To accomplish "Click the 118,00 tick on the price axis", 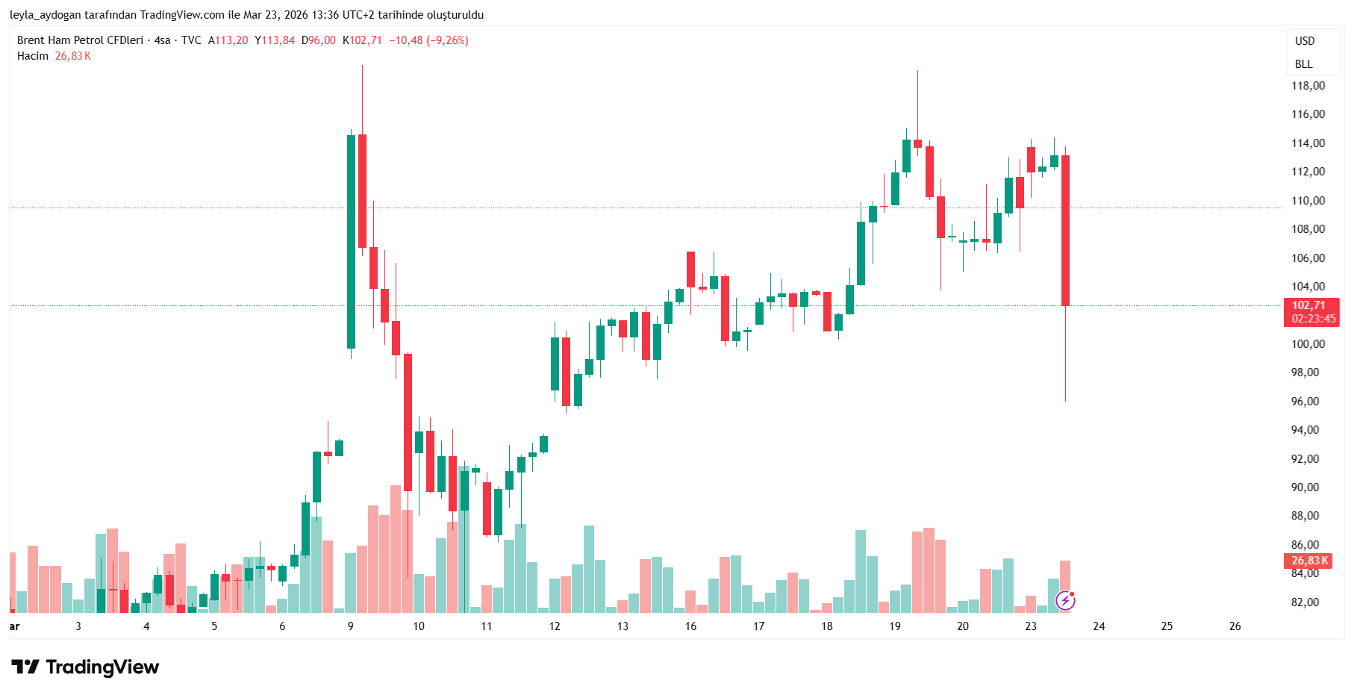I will [x=1308, y=86].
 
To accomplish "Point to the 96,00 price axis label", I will [x=1308, y=402].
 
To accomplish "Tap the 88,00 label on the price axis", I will [x=1308, y=516].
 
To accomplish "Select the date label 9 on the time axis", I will [x=350, y=626].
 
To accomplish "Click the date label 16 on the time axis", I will [x=690, y=626].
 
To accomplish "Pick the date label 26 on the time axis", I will [x=1235, y=626].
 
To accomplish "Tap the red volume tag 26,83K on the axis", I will [x=1310, y=561].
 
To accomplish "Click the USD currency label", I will [x=1305, y=41].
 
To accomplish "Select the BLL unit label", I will [x=1303, y=64].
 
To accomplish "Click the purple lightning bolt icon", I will [x=1065, y=600].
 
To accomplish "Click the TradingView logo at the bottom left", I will [x=85, y=667].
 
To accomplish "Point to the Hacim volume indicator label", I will [x=33, y=56].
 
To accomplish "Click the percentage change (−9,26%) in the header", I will [x=447, y=40].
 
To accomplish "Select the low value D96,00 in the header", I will [x=318, y=40].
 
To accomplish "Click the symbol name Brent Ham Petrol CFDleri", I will [x=80, y=40].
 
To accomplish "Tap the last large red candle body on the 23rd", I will [x=1065, y=230].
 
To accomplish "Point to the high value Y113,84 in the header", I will [x=275, y=40].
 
